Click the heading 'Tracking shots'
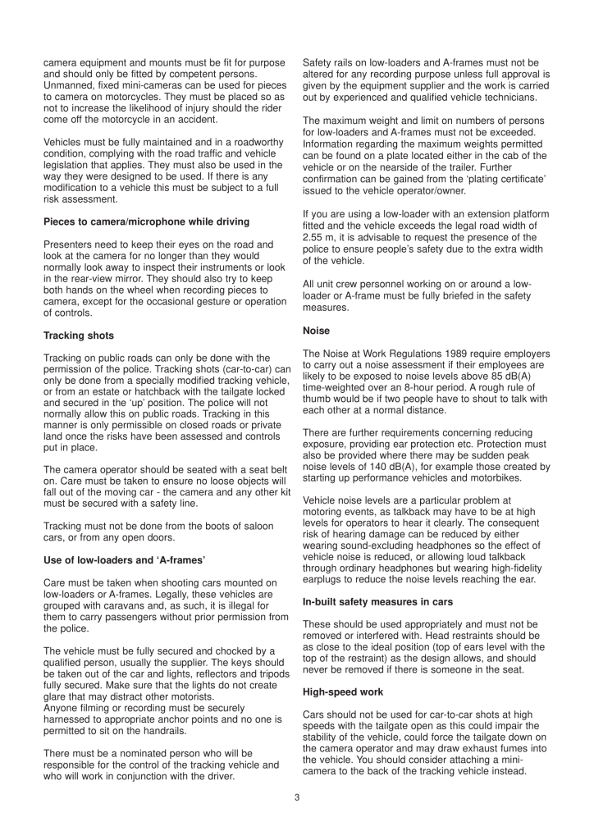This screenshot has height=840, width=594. (79, 336)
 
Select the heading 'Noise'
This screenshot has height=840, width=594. (317, 331)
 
